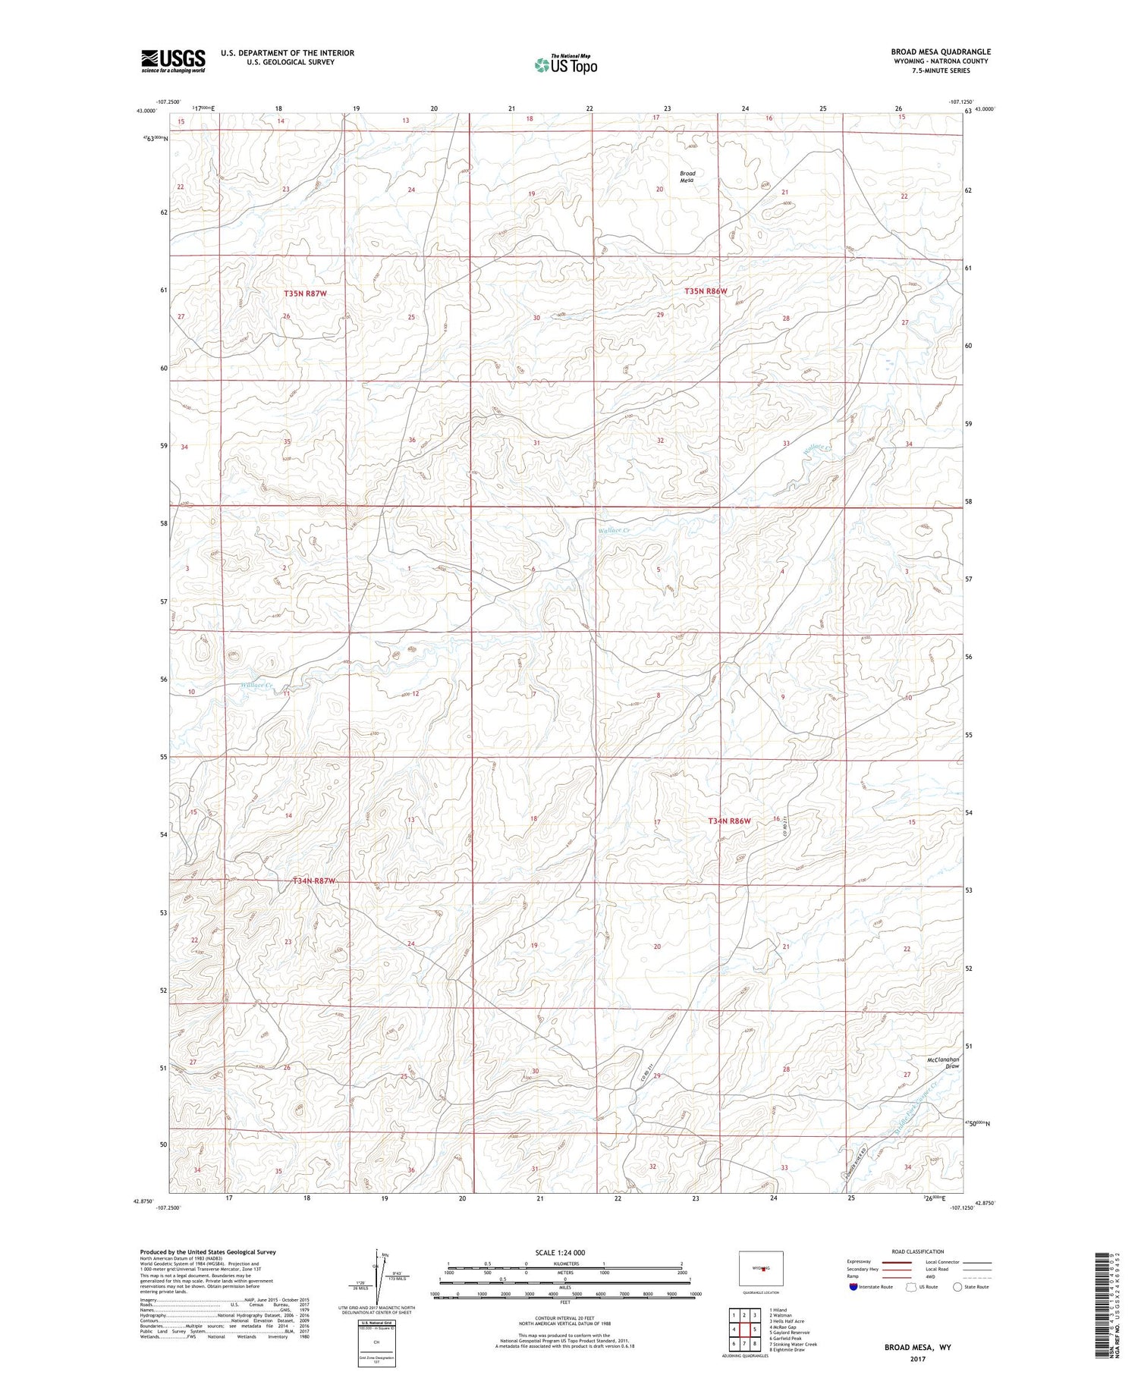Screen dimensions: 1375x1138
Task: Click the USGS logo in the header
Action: click(x=173, y=61)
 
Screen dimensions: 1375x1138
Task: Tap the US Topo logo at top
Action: click(x=565, y=64)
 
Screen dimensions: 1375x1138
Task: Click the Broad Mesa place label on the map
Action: click(x=687, y=177)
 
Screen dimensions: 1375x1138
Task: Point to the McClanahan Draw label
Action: click(x=943, y=1063)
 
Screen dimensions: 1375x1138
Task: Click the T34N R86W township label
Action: click(x=728, y=821)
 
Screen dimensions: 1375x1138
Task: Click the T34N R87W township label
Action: click(x=314, y=881)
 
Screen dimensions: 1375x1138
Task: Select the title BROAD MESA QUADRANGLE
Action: click(x=941, y=52)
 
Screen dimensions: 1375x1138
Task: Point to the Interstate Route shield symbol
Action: click(x=853, y=1287)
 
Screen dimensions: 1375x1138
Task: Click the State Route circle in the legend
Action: click(x=957, y=1287)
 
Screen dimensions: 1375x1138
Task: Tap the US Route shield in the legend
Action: click(x=911, y=1287)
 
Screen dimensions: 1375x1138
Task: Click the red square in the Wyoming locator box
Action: click(x=763, y=1268)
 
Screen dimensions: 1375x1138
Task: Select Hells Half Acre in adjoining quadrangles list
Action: click(x=786, y=1321)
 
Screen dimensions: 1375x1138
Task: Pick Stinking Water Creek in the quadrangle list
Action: click(x=793, y=1344)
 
